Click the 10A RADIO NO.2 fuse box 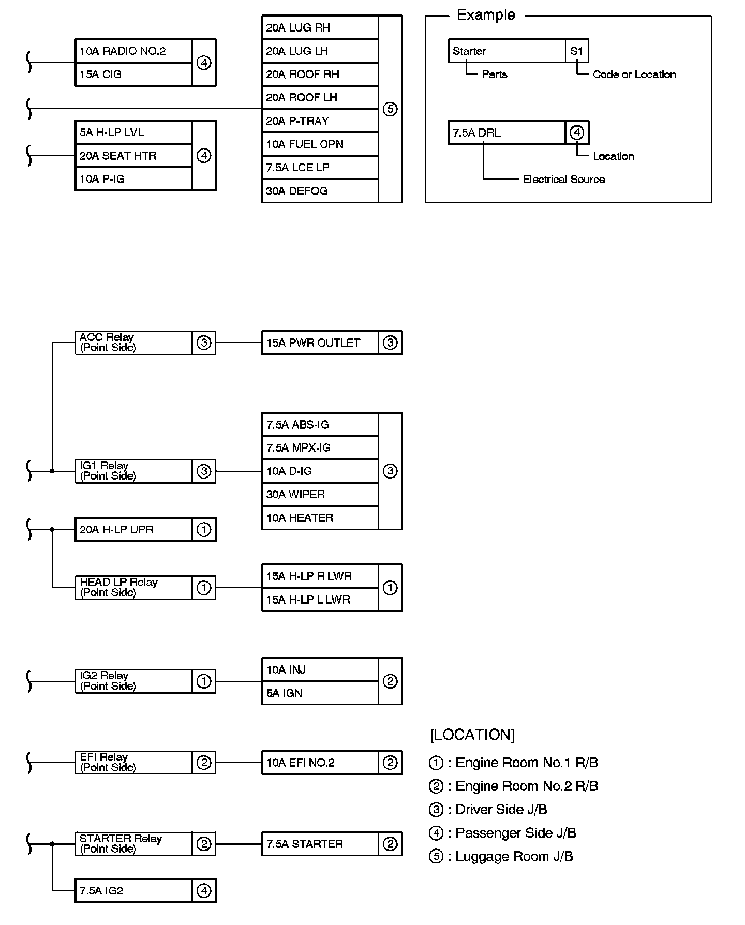(x=133, y=51)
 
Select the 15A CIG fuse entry (x=133, y=74)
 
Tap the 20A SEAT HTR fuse (x=133, y=156)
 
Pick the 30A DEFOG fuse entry (x=320, y=191)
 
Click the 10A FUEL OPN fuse (x=320, y=144)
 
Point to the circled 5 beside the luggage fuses (x=390, y=109)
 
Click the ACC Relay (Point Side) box (x=133, y=342)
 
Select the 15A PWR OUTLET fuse (x=320, y=343)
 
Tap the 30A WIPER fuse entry (x=320, y=495)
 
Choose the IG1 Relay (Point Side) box (x=133, y=471)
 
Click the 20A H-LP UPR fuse (x=133, y=530)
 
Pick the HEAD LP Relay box (x=133, y=588)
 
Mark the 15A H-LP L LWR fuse (x=320, y=600)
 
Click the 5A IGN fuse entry (x=320, y=693)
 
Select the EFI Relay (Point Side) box (x=133, y=763)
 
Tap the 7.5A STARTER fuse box (x=320, y=844)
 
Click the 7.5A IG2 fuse (x=133, y=891)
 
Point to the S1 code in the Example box (x=577, y=51)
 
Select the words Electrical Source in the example (x=563, y=180)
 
